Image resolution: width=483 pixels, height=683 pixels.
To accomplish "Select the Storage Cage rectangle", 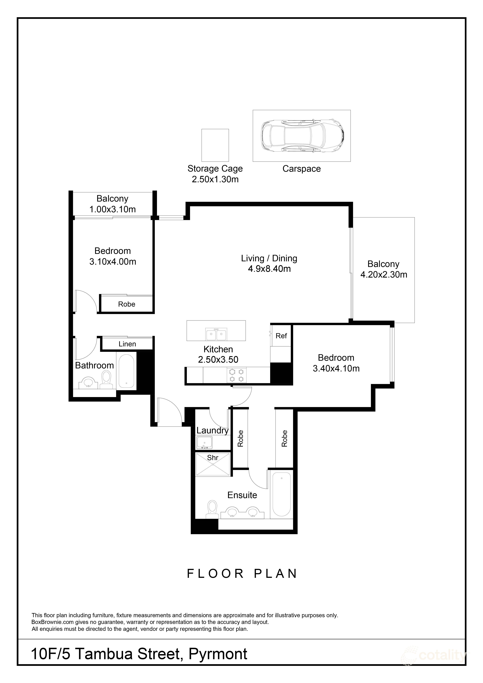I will pyautogui.click(x=215, y=145).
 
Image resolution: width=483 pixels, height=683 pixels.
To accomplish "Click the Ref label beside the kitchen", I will pyautogui.click(x=281, y=336).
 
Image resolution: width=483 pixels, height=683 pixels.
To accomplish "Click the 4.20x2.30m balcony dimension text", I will pyautogui.click(x=384, y=275).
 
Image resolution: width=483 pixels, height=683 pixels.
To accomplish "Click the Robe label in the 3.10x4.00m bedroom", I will pyautogui.click(x=127, y=304).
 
